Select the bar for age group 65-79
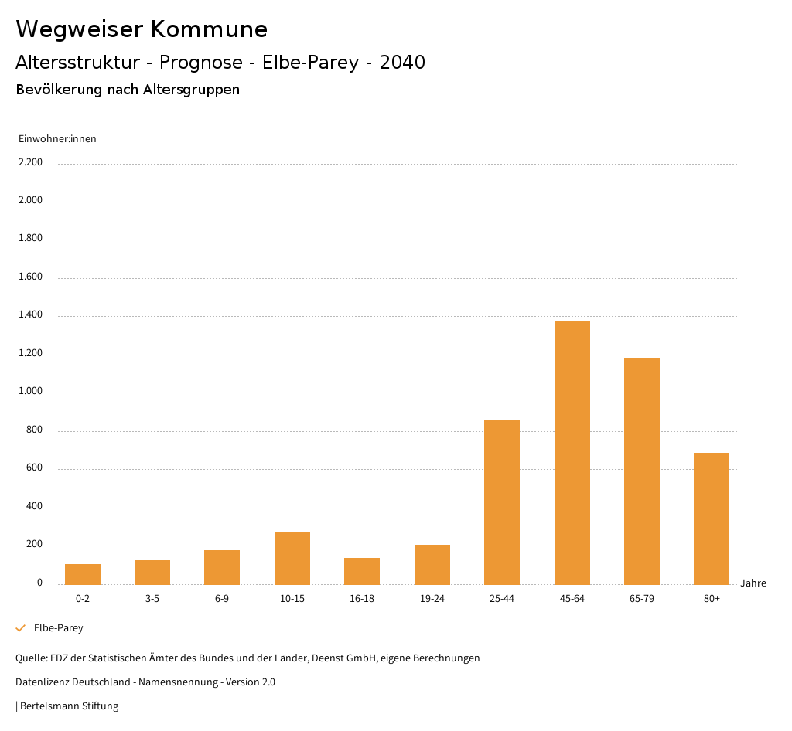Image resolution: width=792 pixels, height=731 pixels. click(x=642, y=471)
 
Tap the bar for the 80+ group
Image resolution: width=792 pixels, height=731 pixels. click(x=712, y=518)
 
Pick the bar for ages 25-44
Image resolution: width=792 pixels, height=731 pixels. click(x=502, y=502)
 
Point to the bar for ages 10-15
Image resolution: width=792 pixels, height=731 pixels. click(x=292, y=558)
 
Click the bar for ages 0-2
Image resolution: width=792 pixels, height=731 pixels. click(x=83, y=574)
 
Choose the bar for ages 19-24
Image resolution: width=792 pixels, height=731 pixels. click(x=432, y=565)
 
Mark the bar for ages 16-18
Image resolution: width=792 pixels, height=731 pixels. click(x=362, y=571)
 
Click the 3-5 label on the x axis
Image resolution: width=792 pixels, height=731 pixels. click(x=152, y=599)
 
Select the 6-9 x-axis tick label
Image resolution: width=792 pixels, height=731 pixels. click(x=222, y=599)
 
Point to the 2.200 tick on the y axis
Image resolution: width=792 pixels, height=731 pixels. click(x=30, y=162)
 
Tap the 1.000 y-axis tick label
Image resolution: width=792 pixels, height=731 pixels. click(x=30, y=391)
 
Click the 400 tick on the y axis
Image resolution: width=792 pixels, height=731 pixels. click(x=34, y=506)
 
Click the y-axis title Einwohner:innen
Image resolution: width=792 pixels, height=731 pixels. click(x=57, y=139)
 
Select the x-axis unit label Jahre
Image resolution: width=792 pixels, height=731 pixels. click(x=753, y=583)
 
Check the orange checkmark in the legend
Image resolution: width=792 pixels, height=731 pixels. click(x=21, y=628)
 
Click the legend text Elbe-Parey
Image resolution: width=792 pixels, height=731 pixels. click(x=59, y=628)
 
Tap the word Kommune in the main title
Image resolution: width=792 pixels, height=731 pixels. click(x=209, y=29)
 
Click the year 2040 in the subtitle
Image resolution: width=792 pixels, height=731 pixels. click(x=402, y=63)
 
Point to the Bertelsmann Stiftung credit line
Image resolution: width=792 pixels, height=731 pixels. click(x=69, y=706)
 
